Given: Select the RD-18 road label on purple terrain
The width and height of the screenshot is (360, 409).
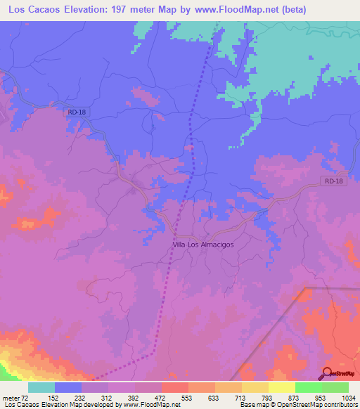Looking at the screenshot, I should tap(335, 181).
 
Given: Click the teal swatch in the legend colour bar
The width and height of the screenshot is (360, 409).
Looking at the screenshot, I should tap(41, 387).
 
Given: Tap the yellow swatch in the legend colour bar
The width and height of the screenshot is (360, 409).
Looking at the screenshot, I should tap(281, 387).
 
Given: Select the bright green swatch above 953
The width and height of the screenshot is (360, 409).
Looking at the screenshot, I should tap(308, 387).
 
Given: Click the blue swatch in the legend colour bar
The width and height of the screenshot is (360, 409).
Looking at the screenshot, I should tap(68, 387).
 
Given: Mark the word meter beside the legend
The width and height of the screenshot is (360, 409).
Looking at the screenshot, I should tap(10, 397).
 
